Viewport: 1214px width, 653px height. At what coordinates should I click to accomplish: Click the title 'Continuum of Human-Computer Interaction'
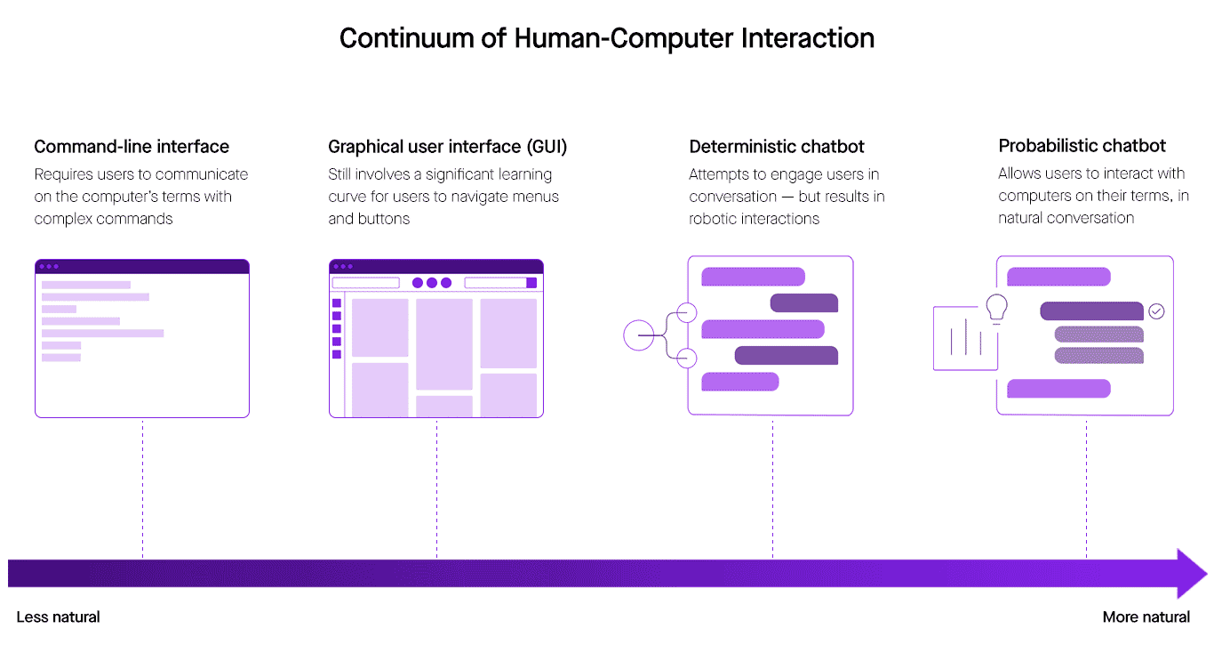(x=606, y=38)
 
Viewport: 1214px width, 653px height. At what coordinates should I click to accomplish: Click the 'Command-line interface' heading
(x=132, y=147)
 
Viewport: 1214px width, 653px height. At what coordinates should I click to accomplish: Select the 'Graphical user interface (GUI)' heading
(x=447, y=147)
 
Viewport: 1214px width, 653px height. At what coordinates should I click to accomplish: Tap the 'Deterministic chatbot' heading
(x=776, y=147)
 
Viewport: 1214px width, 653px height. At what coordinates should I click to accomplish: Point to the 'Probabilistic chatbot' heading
(x=1082, y=146)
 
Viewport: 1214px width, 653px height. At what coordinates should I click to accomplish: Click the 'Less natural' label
(x=58, y=617)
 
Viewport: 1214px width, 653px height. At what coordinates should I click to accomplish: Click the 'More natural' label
(x=1146, y=617)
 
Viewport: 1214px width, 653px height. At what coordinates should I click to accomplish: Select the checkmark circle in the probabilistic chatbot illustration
(x=1155, y=311)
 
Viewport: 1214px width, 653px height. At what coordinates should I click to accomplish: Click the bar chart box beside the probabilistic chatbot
(x=964, y=338)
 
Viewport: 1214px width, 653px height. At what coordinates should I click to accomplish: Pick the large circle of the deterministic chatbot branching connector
(x=639, y=335)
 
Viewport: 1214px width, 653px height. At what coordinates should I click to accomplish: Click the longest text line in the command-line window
(x=102, y=334)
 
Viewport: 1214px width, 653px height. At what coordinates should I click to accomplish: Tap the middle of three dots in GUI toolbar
(x=432, y=283)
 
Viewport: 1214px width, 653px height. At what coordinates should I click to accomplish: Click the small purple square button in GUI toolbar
(x=531, y=283)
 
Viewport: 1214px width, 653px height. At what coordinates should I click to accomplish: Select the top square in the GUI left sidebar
(x=337, y=303)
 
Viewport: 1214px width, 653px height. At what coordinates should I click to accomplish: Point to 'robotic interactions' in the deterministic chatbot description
(x=754, y=218)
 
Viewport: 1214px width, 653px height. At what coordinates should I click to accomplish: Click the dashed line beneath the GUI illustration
(x=436, y=489)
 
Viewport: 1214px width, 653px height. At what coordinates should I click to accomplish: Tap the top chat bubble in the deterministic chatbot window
(x=753, y=277)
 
